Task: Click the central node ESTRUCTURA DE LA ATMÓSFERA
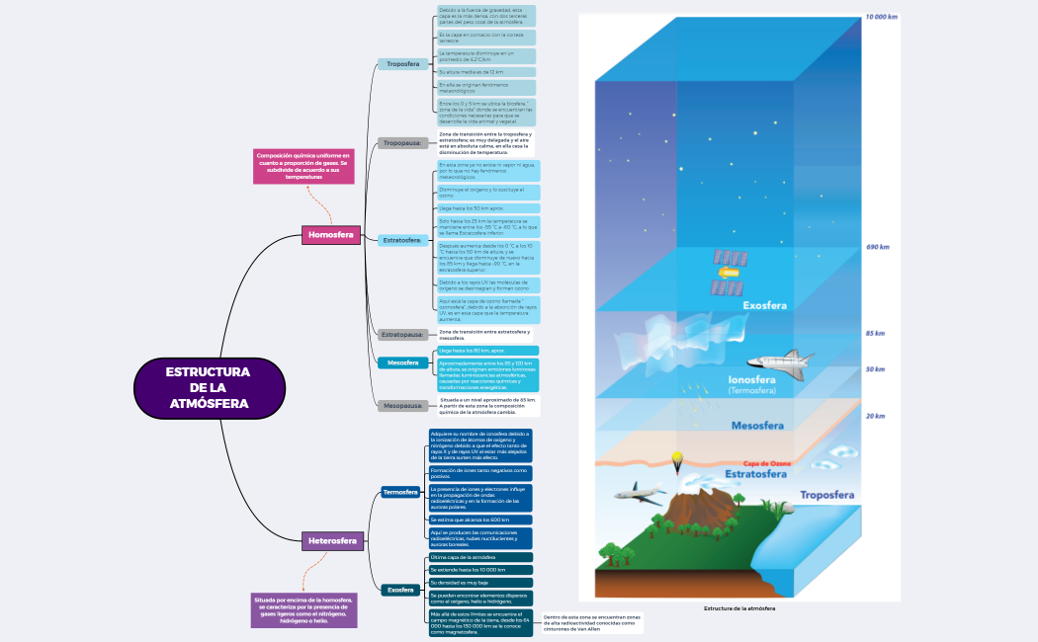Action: [x=208, y=387]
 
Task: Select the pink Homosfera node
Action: [x=330, y=235]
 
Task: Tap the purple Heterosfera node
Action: [x=333, y=541]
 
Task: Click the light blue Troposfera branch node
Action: [x=402, y=64]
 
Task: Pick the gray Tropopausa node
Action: [x=402, y=143]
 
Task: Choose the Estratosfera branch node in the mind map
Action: [x=402, y=240]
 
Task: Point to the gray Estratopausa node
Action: [x=402, y=335]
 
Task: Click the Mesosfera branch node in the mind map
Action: [x=402, y=362]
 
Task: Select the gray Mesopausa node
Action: [x=402, y=406]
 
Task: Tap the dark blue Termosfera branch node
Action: [x=400, y=492]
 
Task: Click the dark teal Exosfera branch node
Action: [x=400, y=590]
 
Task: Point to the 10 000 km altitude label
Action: [x=881, y=17]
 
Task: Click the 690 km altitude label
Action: [x=877, y=247]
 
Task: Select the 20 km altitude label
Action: [x=875, y=416]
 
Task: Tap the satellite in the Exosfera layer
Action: [x=729, y=273]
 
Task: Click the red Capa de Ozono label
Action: [x=767, y=463]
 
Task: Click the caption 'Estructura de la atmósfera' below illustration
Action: [x=739, y=608]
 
